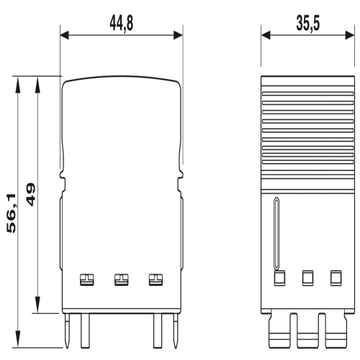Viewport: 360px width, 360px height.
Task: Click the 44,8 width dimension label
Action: tap(121, 24)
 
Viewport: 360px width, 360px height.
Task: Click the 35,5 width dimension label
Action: tap(308, 24)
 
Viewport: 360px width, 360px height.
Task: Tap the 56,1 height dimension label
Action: tap(12, 213)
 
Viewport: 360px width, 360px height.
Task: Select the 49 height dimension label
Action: tap(31, 194)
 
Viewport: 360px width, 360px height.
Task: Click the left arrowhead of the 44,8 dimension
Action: tap(64, 35)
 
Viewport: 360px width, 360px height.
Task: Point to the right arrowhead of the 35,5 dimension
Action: tap(350, 35)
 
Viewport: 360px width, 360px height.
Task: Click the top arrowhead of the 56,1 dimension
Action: tap(17, 84)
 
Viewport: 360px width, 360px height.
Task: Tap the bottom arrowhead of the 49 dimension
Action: tap(37, 305)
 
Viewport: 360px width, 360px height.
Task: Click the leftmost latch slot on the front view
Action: tap(87, 279)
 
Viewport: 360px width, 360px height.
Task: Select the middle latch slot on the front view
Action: tap(122, 279)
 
